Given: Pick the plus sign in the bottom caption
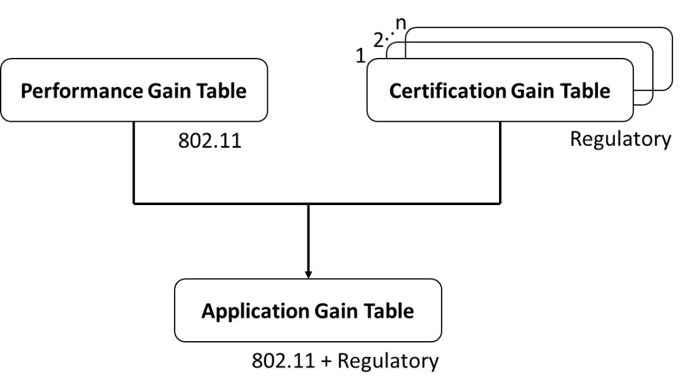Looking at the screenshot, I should tap(319, 360).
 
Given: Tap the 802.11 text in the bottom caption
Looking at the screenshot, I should tap(276, 360).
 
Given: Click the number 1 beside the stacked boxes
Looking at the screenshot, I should tap(360, 56).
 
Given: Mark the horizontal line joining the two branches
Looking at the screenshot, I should tap(317, 203).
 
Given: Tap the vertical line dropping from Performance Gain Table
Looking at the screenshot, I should tap(134, 163).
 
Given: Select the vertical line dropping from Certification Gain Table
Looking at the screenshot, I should tap(500, 163).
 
